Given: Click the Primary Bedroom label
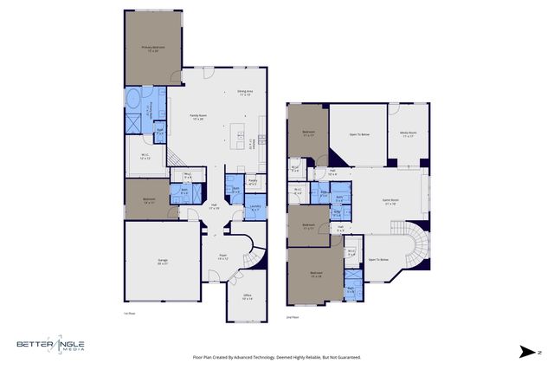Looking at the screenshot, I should coord(153,49).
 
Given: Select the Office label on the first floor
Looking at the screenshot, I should coord(247,297).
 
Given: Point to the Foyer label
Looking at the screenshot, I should coord(222,256).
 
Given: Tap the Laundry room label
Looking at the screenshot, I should coord(255,206).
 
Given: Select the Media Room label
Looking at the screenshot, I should coord(408,134).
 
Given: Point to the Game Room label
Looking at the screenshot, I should coord(390,201).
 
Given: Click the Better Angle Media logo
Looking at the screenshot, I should coord(50,346).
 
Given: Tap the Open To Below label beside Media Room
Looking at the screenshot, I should coord(359,135).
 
